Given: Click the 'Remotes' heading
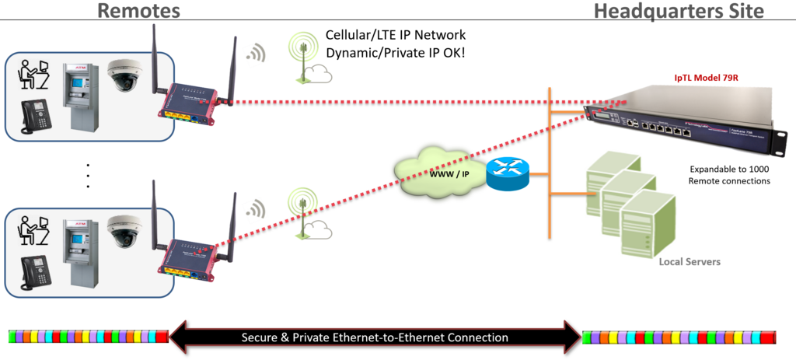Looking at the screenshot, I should coord(138,11).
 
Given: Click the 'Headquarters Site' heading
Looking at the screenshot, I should coord(679,11).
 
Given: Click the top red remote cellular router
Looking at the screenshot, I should coord(190,101).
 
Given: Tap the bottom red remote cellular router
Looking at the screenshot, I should coord(190,255).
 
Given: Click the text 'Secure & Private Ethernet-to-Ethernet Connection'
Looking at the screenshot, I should coord(375,337).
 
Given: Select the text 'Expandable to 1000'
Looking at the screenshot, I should coord(728,168).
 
